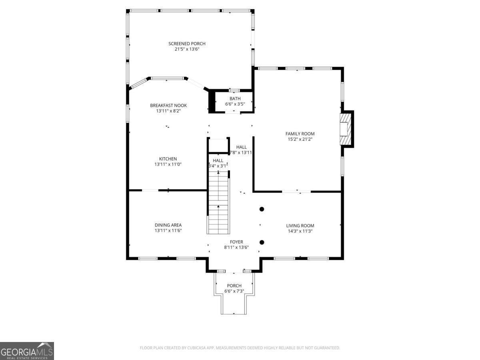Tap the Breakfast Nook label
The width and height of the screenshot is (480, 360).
click(x=168, y=106)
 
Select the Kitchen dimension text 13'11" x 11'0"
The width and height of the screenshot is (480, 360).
click(x=168, y=164)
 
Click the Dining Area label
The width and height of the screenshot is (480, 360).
click(x=168, y=225)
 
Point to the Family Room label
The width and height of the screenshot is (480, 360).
click(x=300, y=134)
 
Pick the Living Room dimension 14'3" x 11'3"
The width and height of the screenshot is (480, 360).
click(x=300, y=231)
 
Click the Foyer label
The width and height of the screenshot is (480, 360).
click(x=236, y=242)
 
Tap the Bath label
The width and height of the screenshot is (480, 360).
click(x=235, y=99)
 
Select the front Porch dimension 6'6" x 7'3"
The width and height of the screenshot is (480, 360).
click(x=234, y=291)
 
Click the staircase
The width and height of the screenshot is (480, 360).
click(x=218, y=204)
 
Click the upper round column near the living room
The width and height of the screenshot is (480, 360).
click(x=262, y=209)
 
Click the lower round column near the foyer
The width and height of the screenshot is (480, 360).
click(x=262, y=242)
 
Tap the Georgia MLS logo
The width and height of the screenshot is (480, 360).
click(x=27, y=351)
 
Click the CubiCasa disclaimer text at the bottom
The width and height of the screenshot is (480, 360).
click(x=240, y=348)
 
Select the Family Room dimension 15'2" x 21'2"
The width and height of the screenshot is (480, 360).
click(x=300, y=140)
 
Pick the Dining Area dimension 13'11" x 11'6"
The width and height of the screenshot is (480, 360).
click(x=168, y=231)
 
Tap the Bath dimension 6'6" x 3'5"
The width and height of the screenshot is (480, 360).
click(x=235, y=104)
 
